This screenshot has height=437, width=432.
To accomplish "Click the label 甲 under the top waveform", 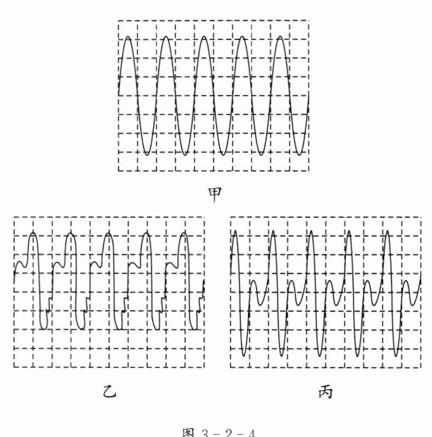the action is (x=215, y=193).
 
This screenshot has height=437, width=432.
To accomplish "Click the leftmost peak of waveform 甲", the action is (x=128, y=37).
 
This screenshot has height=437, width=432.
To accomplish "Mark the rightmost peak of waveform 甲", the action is (x=280, y=37).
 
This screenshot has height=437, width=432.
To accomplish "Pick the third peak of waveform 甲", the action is (x=204, y=37).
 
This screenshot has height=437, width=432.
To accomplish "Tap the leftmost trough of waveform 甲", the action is (x=147, y=154).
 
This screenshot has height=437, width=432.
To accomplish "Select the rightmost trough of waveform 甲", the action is (x=300, y=154).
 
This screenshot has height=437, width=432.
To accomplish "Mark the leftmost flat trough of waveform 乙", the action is (x=43, y=329).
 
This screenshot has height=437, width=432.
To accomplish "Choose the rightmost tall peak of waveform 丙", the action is (x=387, y=232).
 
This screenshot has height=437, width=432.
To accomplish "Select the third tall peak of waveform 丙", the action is (x=311, y=232).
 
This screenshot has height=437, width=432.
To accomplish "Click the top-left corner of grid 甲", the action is (x=118, y=21).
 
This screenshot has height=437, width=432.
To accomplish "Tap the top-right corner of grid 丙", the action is (x=422, y=217).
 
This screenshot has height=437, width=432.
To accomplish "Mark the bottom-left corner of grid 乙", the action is (x=14, y=367).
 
